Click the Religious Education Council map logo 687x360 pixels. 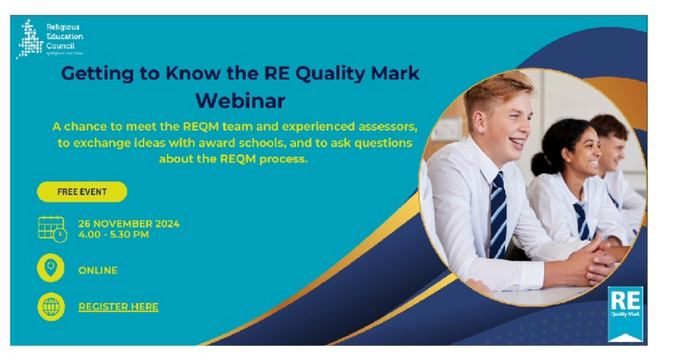pyautogui.click(x=29, y=39)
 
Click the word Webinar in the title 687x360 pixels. pyautogui.click(x=240, y=100)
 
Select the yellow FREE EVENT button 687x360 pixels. pyautogui.click(x=82, y=191)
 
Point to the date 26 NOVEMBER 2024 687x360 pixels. pyautogui.click(x=128, y=224)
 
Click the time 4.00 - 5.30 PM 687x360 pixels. pyautogui.click(x=114, y=234)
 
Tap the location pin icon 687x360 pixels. pyautogui.click(x=51, y=268)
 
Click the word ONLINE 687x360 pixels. pyautogui.click(x=98, y=270)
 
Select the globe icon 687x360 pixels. pyautogui.click(x=51, y=307)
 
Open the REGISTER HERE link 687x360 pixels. pyautogui.click(x=118, y=307)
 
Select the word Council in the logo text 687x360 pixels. pyautogui.click(x=60, y=46)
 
